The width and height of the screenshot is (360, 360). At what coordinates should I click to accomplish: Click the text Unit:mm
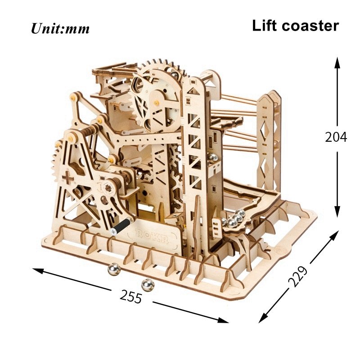tap(60, 29)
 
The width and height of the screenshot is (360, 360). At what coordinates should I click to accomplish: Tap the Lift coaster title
tap(295, 26)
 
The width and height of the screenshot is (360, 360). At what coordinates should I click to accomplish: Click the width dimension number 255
tap(131, 297)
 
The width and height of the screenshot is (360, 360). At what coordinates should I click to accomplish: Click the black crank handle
tap(121, 225)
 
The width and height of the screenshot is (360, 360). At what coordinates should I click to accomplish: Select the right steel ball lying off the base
tap(147, 284)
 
